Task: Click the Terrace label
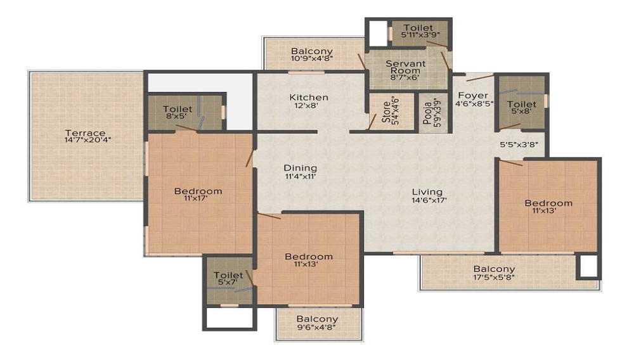[x=85, y=133]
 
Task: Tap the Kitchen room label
[x=309, y=97]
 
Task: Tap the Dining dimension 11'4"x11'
[x=299, y=177]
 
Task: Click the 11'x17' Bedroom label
[x=198, y=191]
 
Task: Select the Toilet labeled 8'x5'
[x=178, y=109]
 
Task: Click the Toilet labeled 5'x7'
[x=228, y=275]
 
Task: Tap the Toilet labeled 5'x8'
[x=521, y=104]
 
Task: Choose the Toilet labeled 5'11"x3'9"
[x=418, y=28]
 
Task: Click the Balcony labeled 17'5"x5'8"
[x=494, y=269]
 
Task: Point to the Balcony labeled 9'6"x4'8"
[x=316, y=319]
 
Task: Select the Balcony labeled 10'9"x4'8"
[x=311, y=51]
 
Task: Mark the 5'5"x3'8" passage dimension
[x=519, y=144]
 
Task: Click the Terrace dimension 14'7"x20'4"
[x=85, y=141]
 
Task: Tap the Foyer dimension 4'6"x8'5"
[x=473, y=105]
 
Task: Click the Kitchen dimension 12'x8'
[x=309, y=106]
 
